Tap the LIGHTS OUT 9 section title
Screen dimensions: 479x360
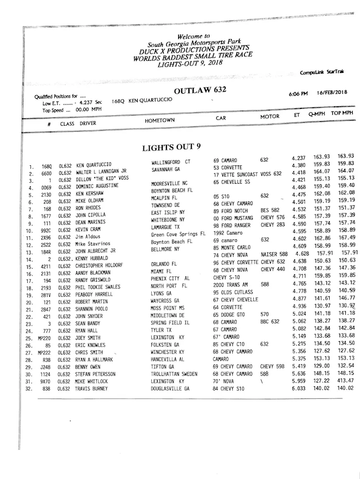click(171, 147)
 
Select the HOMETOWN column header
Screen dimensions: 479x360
click(160, 120)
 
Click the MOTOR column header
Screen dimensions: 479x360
click(269, 116)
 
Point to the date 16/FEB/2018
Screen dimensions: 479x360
click(332, 92)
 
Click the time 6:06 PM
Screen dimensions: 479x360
click(298, 94)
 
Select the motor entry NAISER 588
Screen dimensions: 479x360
click(274, 254)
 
